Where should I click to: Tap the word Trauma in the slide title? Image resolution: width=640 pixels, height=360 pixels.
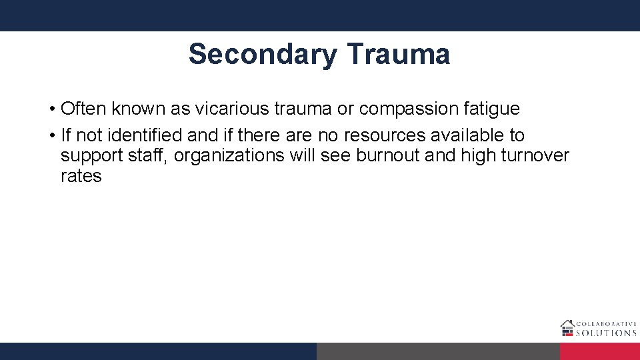[398, 54]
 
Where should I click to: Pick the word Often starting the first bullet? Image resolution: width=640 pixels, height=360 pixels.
[84, 108]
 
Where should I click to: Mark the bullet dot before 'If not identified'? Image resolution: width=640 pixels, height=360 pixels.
[51, 135]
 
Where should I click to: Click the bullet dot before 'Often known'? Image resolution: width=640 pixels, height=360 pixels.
[51, 108]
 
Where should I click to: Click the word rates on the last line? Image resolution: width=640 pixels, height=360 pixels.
[81, 177]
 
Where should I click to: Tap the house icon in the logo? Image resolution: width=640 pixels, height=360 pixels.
[567, 327]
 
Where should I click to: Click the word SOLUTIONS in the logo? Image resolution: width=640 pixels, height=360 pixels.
[606, 333]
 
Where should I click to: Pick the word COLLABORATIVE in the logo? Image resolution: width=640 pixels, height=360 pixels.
[606, 324]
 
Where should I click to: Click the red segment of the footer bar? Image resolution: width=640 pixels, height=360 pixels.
[599, 351]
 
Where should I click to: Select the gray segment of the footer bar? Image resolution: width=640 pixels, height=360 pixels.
[438, 351]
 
